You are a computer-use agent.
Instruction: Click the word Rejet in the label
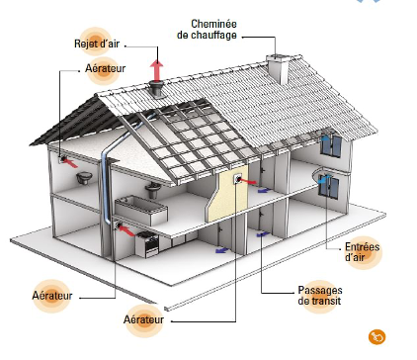pyautogui.click(x=86, y=44)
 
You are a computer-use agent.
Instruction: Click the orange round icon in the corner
pyautogui.click(x=375, y=336)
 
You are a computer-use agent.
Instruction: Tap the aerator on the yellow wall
pyautogui.click(x=238, y=178)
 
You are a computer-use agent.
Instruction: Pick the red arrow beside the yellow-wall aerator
pyautogui.click(x=255, y=183)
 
